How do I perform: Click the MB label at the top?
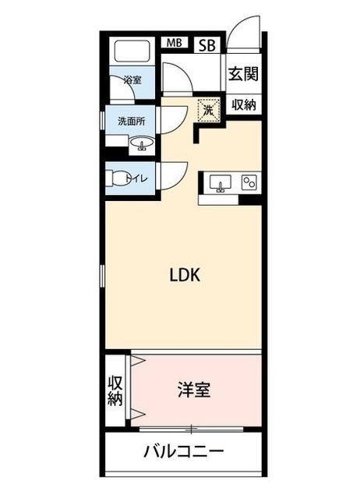point(174,43)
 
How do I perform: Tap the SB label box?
point(207,45)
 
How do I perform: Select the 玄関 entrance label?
point(243,74)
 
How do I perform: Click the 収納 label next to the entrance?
point(244,105)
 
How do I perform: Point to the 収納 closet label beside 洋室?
point(115,390)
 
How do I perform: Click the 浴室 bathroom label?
point(132,80)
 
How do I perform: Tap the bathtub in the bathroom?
point(132,51)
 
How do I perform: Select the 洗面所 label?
point(131,121)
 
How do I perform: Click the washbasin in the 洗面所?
point(142,144)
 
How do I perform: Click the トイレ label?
point(137,178)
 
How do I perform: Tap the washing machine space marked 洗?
point(209,109)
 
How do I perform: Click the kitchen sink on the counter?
point(221,182)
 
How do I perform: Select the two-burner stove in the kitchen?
point(249,182)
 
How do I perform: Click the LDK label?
point(185,275)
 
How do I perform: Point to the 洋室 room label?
point(194,390)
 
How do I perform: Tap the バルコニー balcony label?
point(184,452)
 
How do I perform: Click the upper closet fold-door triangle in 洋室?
point(137,362)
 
